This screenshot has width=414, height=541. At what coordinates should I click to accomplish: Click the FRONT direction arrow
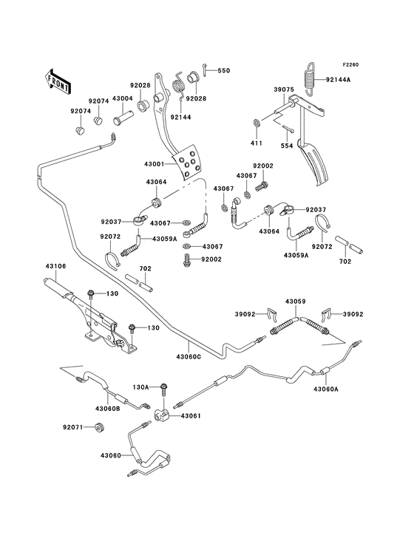point(58,80)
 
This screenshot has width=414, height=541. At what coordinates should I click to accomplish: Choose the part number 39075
point(285,89)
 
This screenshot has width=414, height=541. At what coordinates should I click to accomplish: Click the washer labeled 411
point(254,120)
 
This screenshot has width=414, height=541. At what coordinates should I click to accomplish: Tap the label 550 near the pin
point(223,71)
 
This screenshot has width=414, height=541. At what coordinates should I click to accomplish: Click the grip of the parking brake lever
point(58,282)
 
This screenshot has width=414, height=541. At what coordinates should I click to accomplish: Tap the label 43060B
point(108,409)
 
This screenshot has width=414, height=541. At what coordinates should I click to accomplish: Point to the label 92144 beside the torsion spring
point(180,116)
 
